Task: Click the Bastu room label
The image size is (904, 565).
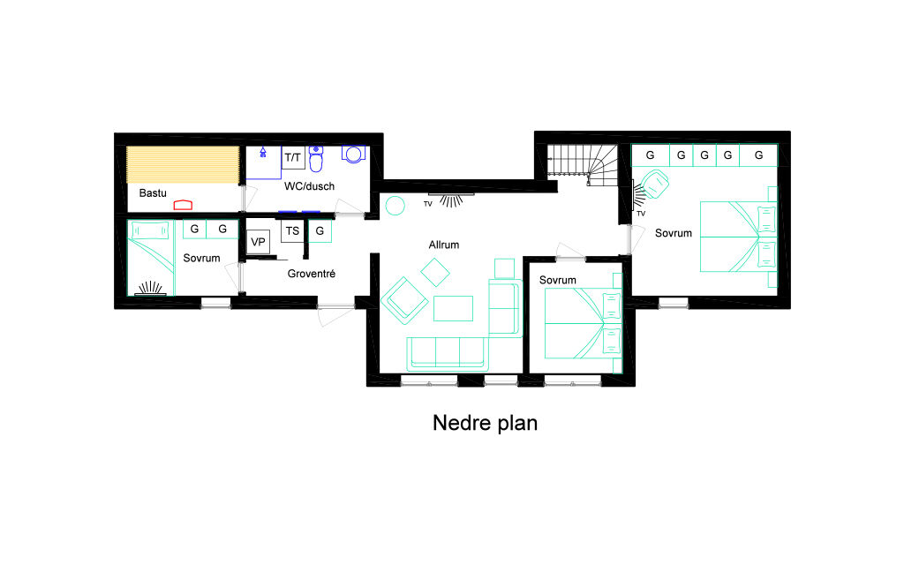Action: coord(153,193)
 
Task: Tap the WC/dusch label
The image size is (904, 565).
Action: coord(309,186)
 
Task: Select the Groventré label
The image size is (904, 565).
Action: coord(312,274)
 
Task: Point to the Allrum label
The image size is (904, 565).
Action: coord(444,245)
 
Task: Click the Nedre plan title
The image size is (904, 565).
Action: coord(485,423)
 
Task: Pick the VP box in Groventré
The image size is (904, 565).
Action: coord(258,242)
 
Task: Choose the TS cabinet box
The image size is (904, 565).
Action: coord(292,230)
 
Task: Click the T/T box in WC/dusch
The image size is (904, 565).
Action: coord(293,157)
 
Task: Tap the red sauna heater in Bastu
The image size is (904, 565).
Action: coord(183,205)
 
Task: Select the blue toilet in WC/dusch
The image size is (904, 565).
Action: coord(316,159)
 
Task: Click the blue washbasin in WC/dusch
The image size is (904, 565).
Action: coord(353,154)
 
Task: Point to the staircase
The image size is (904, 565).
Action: coord(582,165)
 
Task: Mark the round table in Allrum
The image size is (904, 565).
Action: coord(395,206)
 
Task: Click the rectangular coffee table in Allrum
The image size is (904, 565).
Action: coord(453,308)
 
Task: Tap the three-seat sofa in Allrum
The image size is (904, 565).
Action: coord(448,353)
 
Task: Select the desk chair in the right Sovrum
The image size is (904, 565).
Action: coord(655,184)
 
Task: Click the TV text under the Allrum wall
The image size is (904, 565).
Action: coord(428,204)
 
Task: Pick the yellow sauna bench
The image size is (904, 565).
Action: coord(183,165)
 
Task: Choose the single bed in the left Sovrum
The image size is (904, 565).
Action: coord(150,259)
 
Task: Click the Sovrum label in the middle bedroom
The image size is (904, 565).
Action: coord(558,280)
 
